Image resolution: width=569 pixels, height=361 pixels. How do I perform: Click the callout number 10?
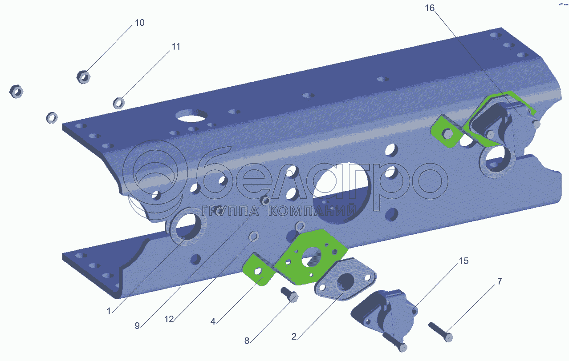pyautogui.click(x=139, y=23)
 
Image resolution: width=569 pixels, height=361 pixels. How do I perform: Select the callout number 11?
pyautogui.click(x=176, y=47)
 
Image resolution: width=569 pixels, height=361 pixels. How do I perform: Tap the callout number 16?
pyautogui.click(x=430, y=8)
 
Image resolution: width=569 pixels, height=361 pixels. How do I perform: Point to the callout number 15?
pyautogui.click(x=463, y=261)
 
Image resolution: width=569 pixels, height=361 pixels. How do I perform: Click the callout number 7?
pyautogui.click(x=500, y=281)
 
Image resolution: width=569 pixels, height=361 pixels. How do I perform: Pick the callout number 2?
pyautogui.click(x=294, y=337)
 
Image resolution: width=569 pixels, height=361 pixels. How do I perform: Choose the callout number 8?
pyautogui.click(x=247, y=341)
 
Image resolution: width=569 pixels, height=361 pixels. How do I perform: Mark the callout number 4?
pyautogui.click(x=213, y=322)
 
